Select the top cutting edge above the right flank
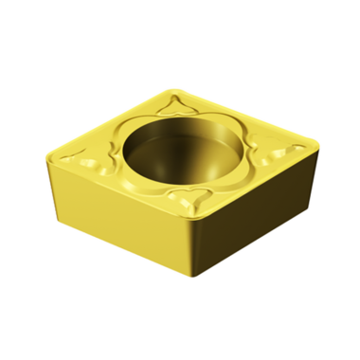(251, 186)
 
